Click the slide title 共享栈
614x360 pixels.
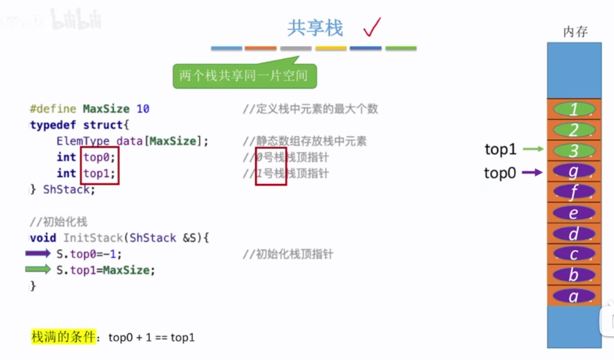(315, 28)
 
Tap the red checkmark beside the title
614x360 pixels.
(372, 27)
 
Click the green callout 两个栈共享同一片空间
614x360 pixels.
(243, 76)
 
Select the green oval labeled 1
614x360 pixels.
(574, 109)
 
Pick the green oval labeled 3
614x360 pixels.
(574, 150)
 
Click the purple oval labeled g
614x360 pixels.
(574, 171)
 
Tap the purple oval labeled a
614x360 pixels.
(574, 296)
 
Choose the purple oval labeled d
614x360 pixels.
(574, 233)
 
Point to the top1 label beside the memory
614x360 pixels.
(500, 150)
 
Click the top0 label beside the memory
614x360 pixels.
(500, 173)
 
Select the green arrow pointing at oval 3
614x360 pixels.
(533, 150)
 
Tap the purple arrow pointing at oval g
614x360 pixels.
(533, 172)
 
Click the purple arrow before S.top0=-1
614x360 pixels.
(38, 253)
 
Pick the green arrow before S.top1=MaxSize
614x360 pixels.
(38, 270)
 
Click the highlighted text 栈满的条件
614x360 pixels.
(64, 337)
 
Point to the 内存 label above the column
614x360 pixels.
(575, 32)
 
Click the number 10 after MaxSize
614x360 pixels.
(143, 109)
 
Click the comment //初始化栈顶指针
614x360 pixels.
(288, 254)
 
